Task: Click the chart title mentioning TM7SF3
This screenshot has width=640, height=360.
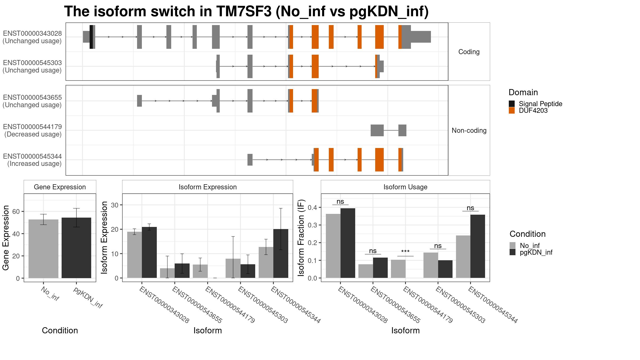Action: point(246,11)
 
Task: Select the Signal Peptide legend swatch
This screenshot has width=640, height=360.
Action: point(512,104)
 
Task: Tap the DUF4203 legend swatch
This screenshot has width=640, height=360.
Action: point(512,110)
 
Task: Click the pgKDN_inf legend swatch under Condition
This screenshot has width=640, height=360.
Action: point(513,252)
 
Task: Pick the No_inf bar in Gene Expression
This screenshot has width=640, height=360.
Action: point(43,249)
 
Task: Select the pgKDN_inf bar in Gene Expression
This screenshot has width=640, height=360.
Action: point(76,248)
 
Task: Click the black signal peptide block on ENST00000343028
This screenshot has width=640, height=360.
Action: point(91,37)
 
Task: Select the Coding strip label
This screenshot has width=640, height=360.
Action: point(469,52)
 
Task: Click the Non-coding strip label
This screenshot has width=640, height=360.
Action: point(469,130)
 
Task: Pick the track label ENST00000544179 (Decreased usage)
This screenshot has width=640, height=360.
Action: point(33,130)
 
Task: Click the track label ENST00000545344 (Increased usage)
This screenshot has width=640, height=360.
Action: point(33,160)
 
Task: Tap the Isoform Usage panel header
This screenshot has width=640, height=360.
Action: point(405,187)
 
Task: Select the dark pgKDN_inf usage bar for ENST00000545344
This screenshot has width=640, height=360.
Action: point(478,246)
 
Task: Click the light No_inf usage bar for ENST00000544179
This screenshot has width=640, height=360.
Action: point(398,269)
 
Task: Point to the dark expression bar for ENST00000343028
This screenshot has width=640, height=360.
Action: point(149,253)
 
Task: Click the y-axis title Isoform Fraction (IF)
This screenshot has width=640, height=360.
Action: point(301,238)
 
